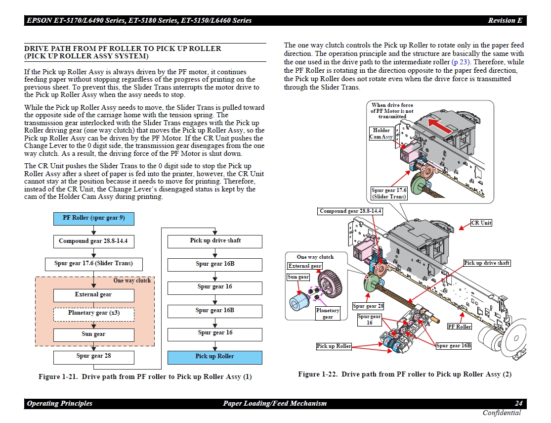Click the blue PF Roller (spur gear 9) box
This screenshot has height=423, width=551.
93,218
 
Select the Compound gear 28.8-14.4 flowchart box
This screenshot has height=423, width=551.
93,241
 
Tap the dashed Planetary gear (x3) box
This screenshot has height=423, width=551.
93,313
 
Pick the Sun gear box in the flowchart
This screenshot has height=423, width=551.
93,334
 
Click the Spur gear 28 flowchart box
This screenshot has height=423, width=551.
93,356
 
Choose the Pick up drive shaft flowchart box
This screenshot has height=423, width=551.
215,241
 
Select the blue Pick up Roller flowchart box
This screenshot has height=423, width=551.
215,357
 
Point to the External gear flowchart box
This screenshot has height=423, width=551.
93,295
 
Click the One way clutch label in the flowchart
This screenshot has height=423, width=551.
132,281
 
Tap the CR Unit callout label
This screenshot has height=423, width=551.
481,223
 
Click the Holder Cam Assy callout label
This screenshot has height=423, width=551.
381,134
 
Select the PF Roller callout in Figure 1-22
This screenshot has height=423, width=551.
459,327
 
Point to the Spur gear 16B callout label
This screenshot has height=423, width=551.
453,346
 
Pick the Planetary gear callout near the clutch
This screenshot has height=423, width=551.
328,314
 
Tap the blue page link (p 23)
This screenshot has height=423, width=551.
461,62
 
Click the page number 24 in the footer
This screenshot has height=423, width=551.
518,404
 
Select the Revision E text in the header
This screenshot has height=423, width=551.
505,21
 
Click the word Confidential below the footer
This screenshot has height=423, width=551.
502,413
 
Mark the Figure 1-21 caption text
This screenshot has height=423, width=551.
145,377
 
